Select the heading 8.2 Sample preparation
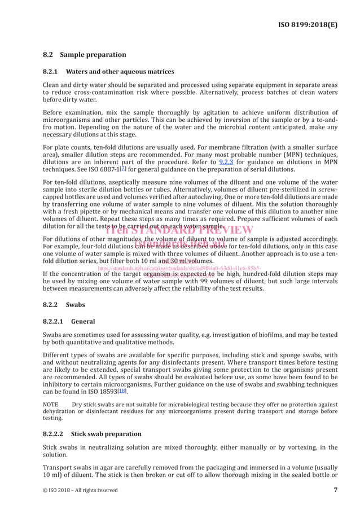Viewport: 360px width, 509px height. (85, 55)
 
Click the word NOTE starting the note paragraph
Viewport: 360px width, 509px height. (53, 405)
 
